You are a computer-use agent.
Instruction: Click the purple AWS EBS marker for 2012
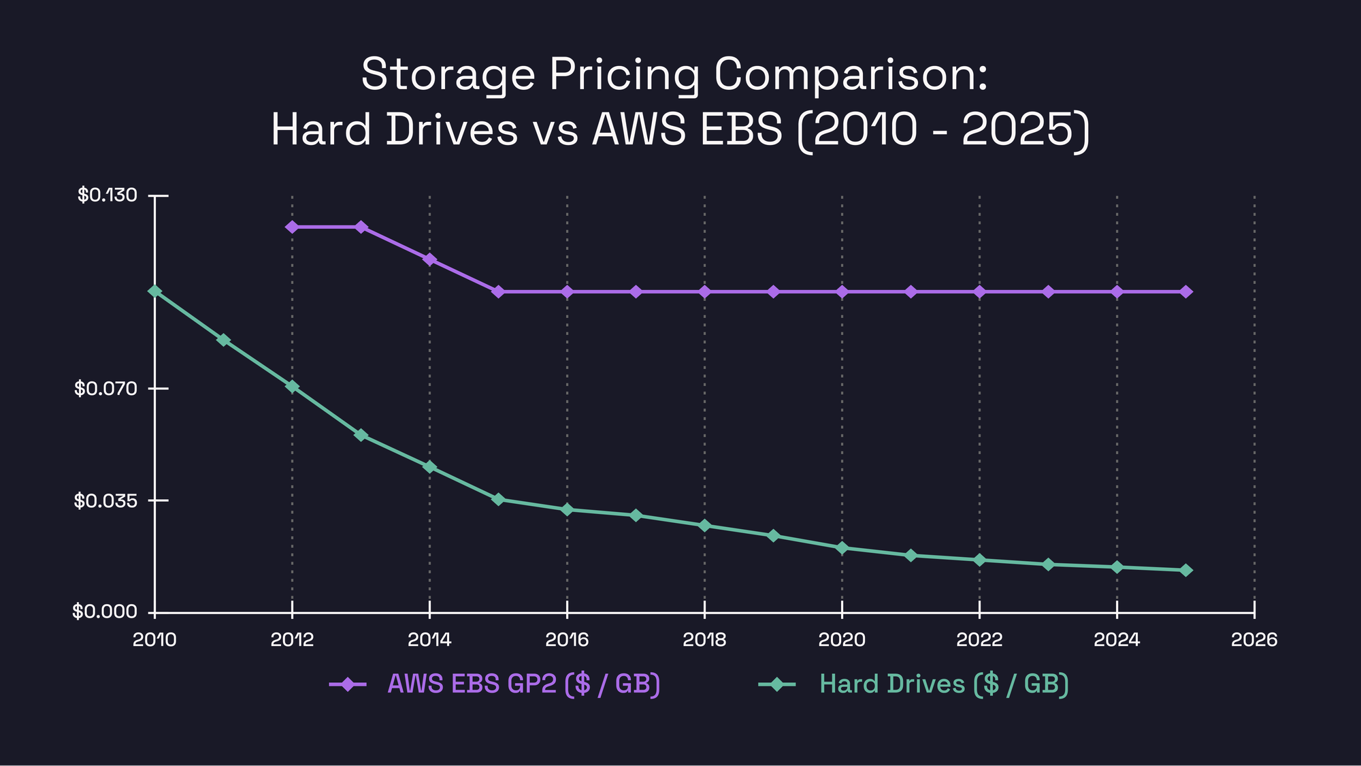[292, 227]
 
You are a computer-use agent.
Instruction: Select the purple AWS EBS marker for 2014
[429, 259]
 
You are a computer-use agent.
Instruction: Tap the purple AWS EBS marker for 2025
[1185, 291]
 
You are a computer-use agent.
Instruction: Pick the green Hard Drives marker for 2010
[155, 291]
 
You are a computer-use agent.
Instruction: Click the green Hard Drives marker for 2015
[498, 500]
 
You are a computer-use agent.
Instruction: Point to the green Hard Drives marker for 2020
[842, 548]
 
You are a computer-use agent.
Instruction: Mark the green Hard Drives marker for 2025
[1185, 570]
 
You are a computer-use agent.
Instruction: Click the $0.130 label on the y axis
[108, 195]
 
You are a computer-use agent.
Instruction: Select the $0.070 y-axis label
[106, 389]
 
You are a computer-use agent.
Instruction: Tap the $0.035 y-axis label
[106, 501]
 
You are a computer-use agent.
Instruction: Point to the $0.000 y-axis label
[105, 612]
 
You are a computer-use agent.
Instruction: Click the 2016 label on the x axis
[567, 640]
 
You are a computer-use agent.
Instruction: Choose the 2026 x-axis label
[1254, 640]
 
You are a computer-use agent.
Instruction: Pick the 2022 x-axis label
[979, 640]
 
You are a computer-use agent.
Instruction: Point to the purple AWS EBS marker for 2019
[773, 291]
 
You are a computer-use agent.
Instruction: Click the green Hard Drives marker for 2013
[361, 435]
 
